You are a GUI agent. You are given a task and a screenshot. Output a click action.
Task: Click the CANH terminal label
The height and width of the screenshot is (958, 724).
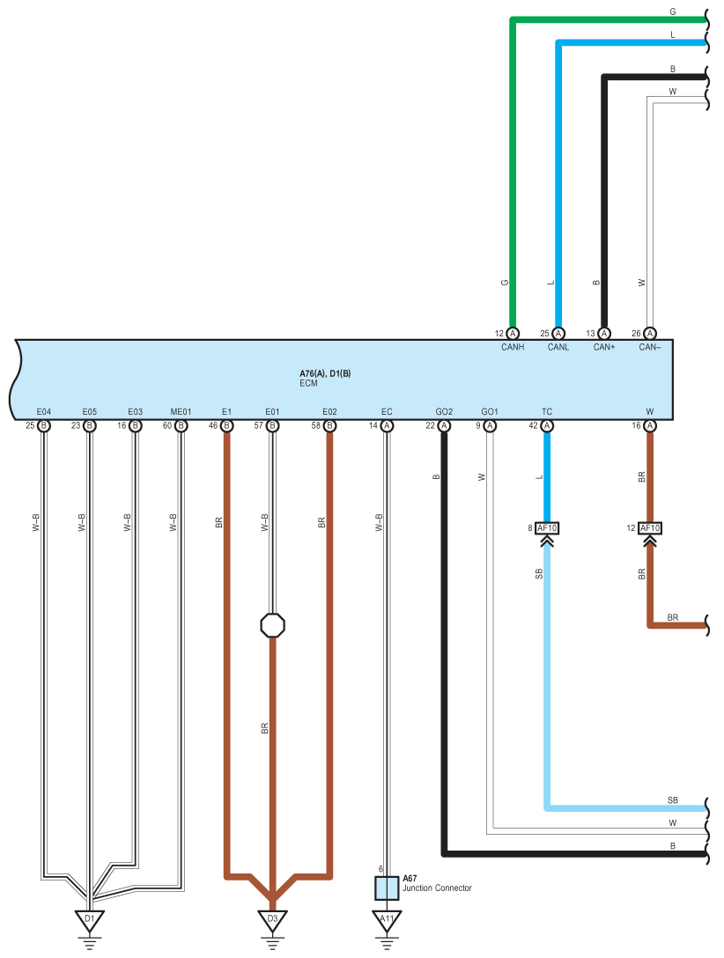pyautogui.click(x=513, y=347)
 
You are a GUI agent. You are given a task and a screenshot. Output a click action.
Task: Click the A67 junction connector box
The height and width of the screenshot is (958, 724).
pyautogui.click(x=387, y=888)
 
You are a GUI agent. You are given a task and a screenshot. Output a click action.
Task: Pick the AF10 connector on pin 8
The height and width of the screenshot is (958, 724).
pyautogui.click(x=547, y=528)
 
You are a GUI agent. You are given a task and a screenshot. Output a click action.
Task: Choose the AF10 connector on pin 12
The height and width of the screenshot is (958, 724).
pyautogui.click(x=650, y=528)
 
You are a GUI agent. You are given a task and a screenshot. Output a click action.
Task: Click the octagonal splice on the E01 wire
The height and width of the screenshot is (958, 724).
pyautogui.click(x=272, y=625)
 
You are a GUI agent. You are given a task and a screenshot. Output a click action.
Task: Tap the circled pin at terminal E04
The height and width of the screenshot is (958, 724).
pyautogui.click(x=43, y=426)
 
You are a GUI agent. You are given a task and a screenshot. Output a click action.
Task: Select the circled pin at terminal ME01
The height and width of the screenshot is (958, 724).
pyautogui.click(x=181, y=426)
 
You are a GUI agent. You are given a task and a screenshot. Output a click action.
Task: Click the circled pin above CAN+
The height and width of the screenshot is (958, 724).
pyautogui.click(x=604, y=334)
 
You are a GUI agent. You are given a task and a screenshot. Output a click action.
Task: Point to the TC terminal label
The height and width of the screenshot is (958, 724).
pyautogui.click(x=547, y=412)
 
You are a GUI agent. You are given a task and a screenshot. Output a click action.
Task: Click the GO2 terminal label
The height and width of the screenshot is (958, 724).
pyautogui.click(x=444, y=412)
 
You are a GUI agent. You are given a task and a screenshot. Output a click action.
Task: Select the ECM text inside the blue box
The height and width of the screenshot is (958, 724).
pyautogui.click(x=308, y=383)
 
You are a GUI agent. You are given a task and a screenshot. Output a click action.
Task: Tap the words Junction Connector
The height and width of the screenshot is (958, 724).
pyautogui.click(x=437, y=888)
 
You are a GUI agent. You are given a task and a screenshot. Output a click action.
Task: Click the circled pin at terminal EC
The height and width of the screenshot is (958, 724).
pyautogui.click(x=387, y=426)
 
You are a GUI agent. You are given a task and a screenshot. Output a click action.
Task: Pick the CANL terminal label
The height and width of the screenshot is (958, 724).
pyautogui.click(x=558, y=347)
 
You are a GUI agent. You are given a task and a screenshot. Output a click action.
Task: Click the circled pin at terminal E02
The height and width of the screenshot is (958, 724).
pyautogui.click(x=330, y=426)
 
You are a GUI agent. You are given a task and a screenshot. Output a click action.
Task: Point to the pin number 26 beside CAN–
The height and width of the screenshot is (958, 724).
pyautogui.click(x=636, y=334)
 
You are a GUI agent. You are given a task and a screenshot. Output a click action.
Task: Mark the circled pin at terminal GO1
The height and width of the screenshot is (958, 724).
pyautogui.click(x=490, y=426)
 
